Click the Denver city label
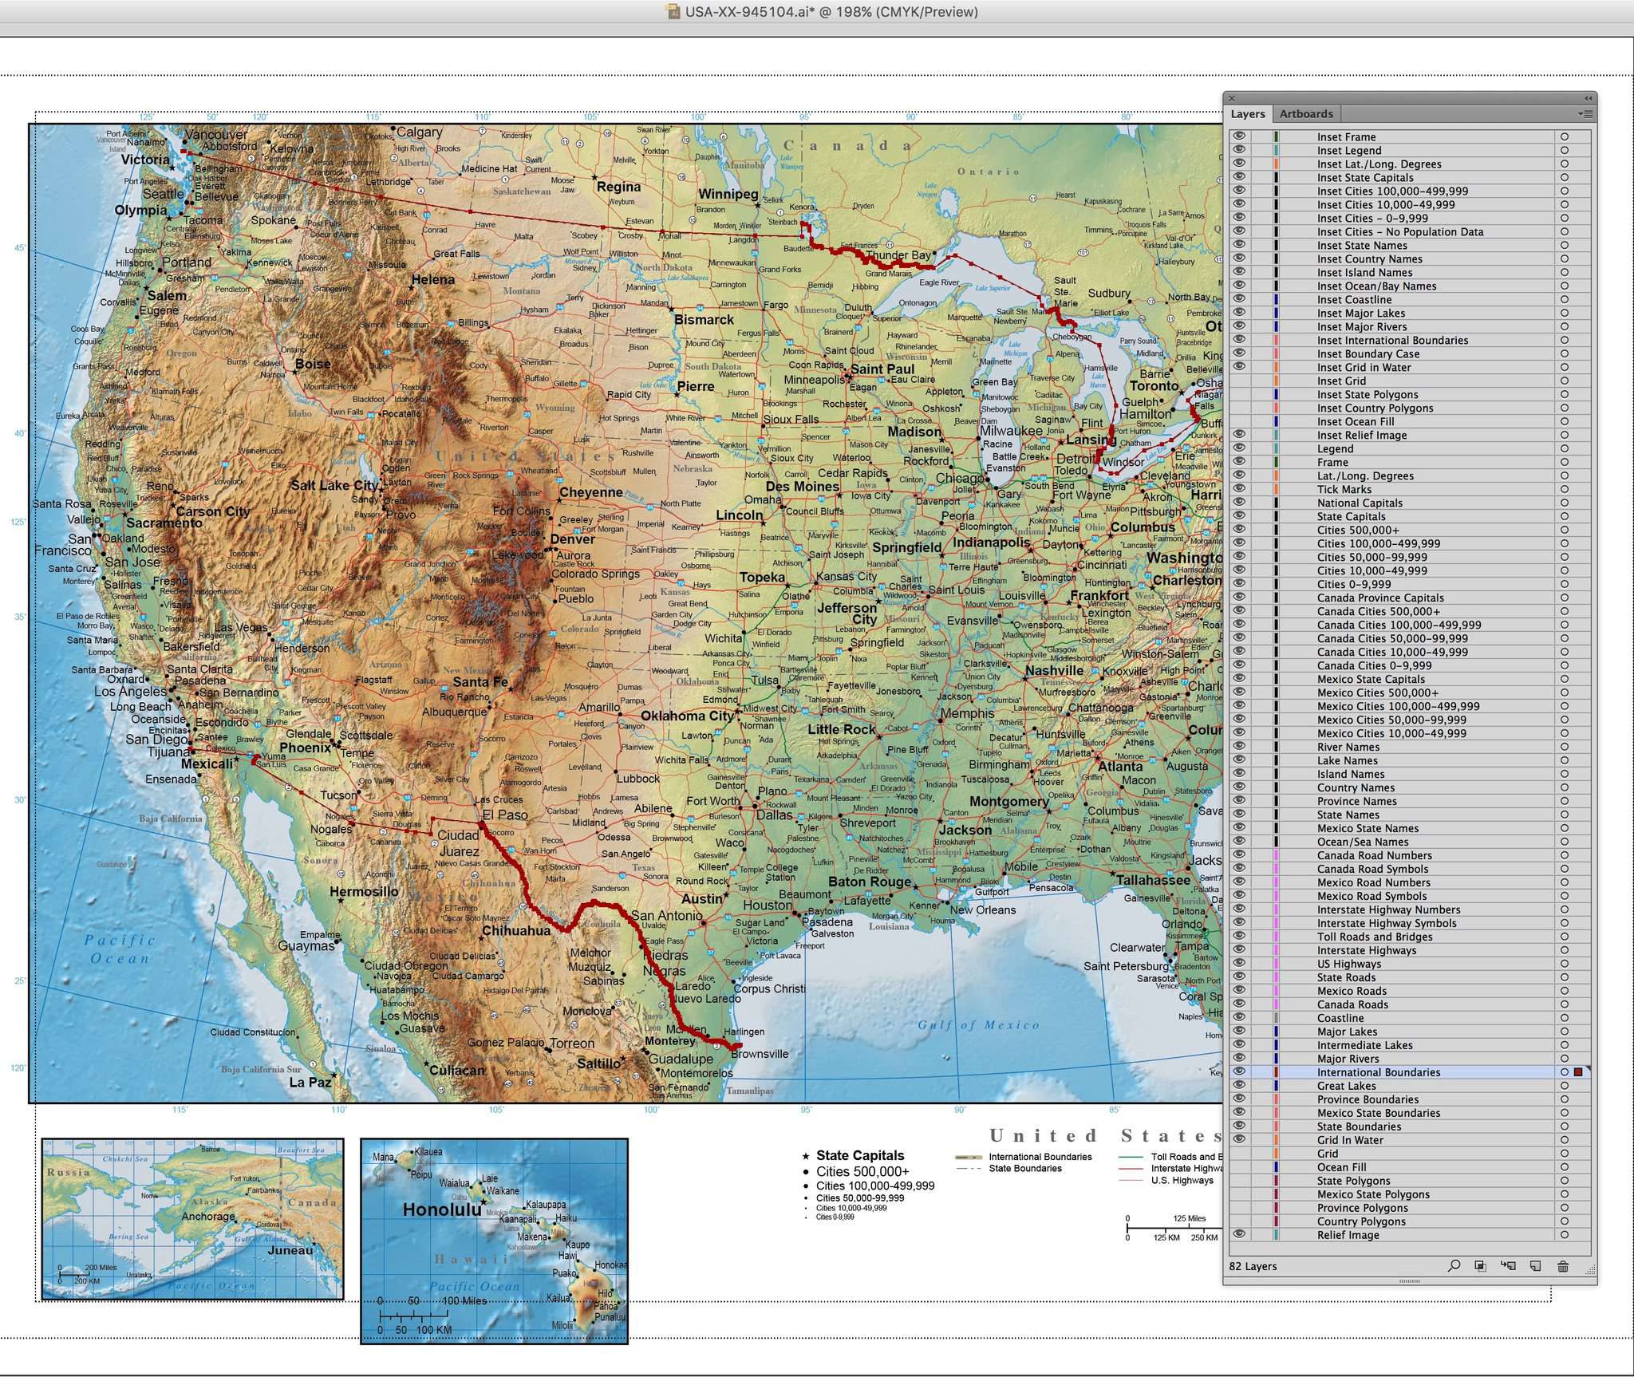572,539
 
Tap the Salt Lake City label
334,485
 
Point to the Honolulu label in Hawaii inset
441,1209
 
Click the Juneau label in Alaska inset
290,1250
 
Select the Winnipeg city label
728,194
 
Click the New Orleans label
982,909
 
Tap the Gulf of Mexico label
978,1025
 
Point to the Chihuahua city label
516,930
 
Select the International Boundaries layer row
1378,1072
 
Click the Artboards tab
1306,114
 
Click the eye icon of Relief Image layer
1238,1234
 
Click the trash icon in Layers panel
1562,1266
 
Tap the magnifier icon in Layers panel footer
1454,1266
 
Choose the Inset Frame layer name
1346,137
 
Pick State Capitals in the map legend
859,1155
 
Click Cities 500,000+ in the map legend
862,1171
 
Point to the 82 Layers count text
1253,1266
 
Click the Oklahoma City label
686,716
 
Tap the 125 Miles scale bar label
1189,1218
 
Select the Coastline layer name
1340,1018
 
